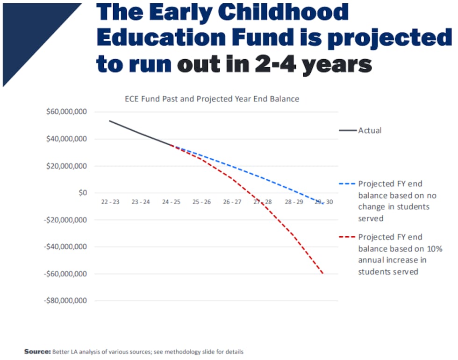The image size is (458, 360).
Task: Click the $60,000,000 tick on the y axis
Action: coord(66,112)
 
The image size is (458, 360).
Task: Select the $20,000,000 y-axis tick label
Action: coord(66,166)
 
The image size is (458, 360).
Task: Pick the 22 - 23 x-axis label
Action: coord(110,202)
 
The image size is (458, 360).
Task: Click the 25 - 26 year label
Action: coord(201,202)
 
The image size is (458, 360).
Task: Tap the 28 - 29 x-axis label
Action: coord(293,202)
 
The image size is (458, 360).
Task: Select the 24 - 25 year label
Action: coord(171,202)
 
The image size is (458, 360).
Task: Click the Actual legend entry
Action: coord(370,131)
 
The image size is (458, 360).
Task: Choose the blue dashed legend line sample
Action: coord(347,184)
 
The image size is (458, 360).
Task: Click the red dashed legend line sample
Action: coord(347,237)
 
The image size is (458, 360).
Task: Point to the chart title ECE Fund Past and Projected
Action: coord(212,99)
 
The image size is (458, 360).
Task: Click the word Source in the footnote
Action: coord(37,351)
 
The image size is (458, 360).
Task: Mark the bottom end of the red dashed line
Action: coord(323,274)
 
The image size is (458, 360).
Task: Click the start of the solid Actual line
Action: coord(109,121)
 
